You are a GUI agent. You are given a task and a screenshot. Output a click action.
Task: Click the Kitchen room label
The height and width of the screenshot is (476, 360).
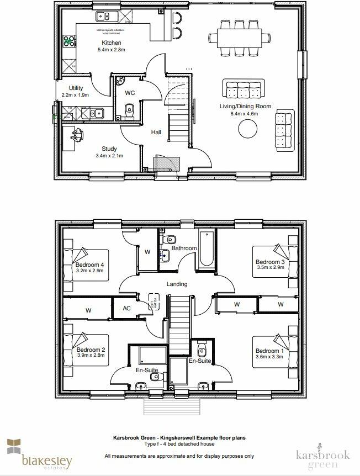[x=111, y=43]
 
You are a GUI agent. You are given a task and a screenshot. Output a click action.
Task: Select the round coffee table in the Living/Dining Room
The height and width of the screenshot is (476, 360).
[x=247, y=129]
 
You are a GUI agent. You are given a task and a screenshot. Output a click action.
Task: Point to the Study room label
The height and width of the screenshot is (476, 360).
[x=109, y=149]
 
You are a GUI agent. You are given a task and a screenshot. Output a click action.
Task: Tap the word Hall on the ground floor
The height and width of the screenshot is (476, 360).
[x=156, y=132]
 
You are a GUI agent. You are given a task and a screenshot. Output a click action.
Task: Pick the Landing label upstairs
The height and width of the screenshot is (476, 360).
[x=177, y=284]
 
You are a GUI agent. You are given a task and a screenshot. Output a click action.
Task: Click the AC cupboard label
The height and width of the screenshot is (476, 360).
[x=126, y=308]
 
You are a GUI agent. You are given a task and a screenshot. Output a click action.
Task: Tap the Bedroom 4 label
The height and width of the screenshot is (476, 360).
[x=89, y=265]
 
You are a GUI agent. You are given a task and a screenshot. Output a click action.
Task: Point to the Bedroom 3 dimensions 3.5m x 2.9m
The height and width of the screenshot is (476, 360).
[x=270, y=268]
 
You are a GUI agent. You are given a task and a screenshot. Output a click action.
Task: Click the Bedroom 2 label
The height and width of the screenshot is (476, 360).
[x=91, y=350]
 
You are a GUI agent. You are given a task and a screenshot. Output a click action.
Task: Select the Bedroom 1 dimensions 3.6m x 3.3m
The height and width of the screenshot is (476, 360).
[x=270, y=357]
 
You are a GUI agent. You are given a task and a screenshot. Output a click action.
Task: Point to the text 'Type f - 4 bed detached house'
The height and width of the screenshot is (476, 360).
[x=179, y=444]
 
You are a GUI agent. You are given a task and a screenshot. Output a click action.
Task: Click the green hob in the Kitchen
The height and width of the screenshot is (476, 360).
[x=69, y=40]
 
